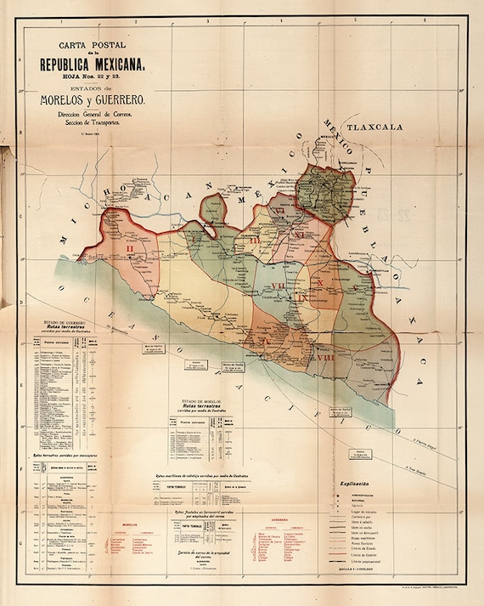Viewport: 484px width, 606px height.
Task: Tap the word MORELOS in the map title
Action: click(67, 101)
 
